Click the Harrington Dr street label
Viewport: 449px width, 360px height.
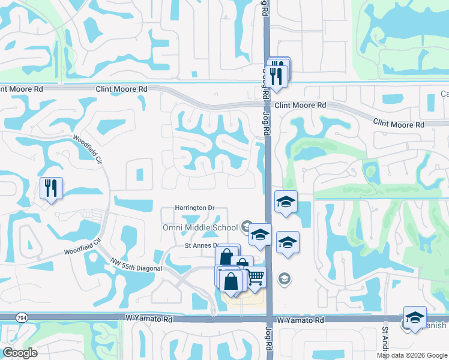pos(194,208)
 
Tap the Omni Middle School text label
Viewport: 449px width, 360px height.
pos(200,227)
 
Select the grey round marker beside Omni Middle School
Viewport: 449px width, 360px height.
pos(246,226)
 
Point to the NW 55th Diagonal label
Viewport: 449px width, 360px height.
pos(136,265)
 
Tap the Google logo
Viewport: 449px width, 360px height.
pos(20,352)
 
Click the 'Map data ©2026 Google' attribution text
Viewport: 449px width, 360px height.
pos(411,355)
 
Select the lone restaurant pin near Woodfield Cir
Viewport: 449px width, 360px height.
pos(50,188)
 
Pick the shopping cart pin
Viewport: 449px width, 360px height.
pos(255,277)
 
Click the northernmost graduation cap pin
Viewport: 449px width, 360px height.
pos(286,202)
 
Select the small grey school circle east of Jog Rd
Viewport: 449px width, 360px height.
pos(284,278)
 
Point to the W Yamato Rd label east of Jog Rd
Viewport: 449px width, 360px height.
pos(299,321)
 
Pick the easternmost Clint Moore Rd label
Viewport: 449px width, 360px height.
pos(399,124)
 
